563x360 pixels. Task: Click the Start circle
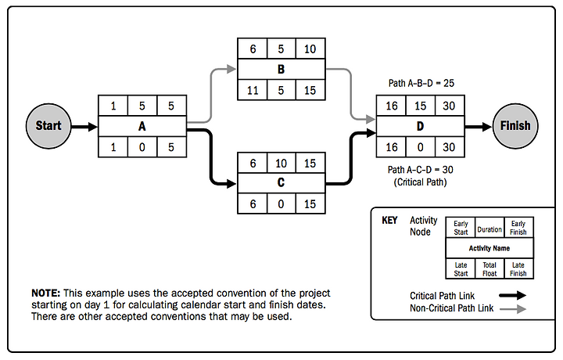click(48, 125)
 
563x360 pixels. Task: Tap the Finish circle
click(515, 125)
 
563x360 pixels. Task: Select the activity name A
click(142, 125)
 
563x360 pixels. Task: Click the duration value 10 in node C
click(281, 163)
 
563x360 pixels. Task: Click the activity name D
click(421, 125)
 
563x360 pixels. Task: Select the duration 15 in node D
click(421, 106)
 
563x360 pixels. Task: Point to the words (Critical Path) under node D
click(421, 183)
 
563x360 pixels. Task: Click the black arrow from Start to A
click(83, 125)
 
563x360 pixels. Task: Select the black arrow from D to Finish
click(478, 125)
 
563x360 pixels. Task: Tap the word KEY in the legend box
click(389, 221)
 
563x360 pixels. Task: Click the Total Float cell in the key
click(489, 269)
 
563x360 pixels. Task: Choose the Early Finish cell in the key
click(518, 227)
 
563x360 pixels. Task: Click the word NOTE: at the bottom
click(45, 293)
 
